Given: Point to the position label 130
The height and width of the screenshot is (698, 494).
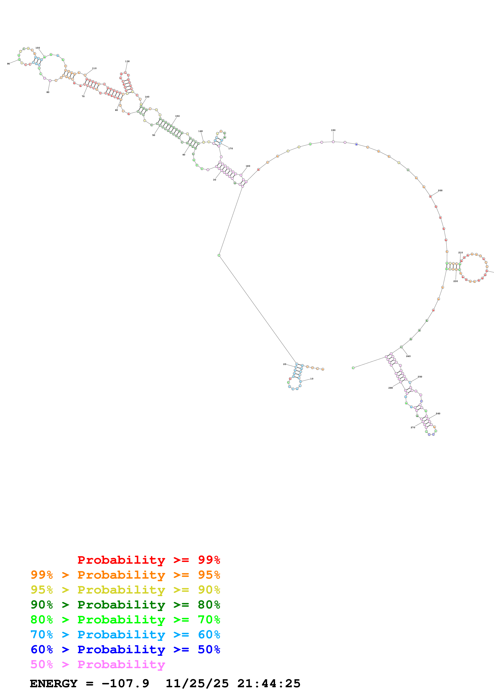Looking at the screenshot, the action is point(127,61).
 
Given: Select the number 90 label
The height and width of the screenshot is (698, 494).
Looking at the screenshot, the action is point(9,64).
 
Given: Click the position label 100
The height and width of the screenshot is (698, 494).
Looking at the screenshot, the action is point(37,48).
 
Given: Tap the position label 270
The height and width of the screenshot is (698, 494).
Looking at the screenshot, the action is point(413,427).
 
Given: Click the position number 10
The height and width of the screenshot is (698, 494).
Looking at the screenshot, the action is point(312,379).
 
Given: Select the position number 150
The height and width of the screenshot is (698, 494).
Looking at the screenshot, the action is point(177,116).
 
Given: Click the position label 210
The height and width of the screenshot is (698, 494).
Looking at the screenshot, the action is point(461,253).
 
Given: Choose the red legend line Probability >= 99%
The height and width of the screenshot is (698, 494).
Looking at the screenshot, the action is point(148,560).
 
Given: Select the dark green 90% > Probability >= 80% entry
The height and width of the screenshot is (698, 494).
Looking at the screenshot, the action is point(125,605).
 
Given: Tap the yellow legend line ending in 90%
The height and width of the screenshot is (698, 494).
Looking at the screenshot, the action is point(125,590).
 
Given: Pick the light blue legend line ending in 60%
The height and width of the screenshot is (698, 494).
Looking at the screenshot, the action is point(125,635).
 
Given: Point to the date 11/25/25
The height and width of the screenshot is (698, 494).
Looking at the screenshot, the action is point(197,683).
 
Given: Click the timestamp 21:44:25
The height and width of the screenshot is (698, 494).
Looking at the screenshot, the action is point(269,683).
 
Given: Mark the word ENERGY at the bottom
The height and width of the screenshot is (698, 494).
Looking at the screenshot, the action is point(54,683).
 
